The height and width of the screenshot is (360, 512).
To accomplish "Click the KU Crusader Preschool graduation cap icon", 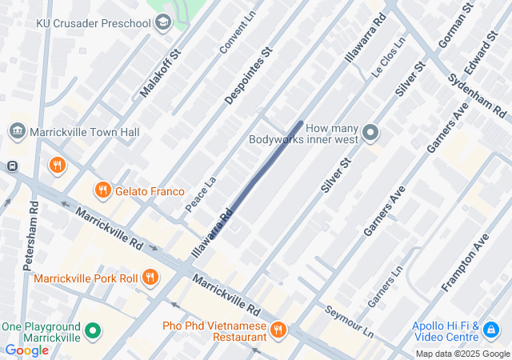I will point(163,22).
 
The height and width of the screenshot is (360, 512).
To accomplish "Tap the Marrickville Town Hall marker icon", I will point(18,131).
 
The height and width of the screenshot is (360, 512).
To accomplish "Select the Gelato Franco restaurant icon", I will point(102,190).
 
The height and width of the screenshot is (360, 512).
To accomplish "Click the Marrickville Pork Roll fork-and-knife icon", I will point(150,278).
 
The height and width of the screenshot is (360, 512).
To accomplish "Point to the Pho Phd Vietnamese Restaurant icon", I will point(278,329).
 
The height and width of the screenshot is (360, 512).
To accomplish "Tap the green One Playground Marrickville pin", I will point(94,330).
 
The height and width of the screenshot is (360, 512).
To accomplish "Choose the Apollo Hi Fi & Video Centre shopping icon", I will point(491,328).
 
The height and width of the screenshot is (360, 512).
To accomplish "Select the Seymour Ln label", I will point(350,321).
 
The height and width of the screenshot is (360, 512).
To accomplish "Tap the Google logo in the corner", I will point(27,350).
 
